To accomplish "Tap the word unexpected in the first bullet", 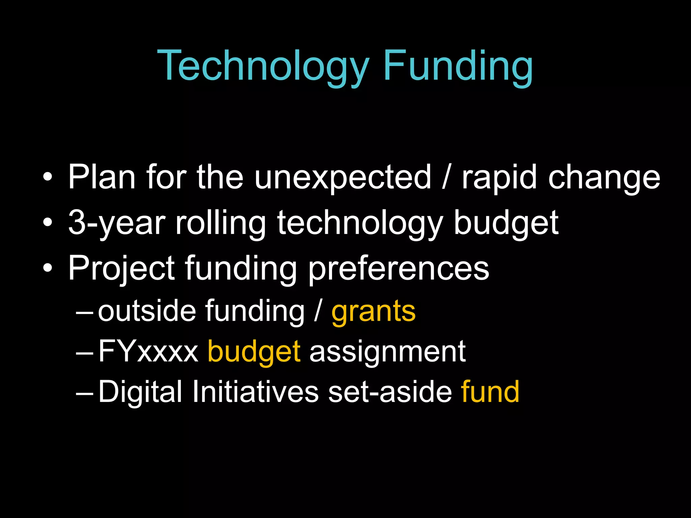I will pyautogui.click(x=342, y=178).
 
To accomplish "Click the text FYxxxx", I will pyautogui.click(x=148, y=352).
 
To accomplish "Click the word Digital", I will pyautogui.click(x=140, y=392).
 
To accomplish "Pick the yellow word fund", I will pyautogui.click(x=490, y=392).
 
